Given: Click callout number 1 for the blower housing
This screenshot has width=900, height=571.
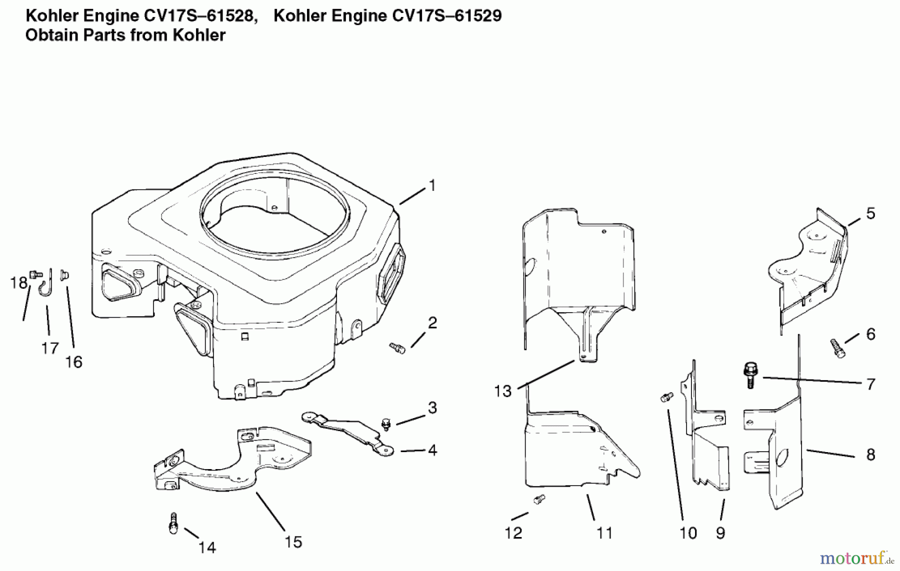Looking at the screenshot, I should click(x=432, y=185).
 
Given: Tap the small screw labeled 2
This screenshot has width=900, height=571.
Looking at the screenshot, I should click(x=397, y=347).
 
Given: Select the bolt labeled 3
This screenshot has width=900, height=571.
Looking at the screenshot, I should click(x=385, y=424).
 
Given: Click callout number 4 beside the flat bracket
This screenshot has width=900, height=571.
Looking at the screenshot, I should click(x=432, y=450).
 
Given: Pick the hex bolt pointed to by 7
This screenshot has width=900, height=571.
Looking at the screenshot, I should click(x=749, y=375).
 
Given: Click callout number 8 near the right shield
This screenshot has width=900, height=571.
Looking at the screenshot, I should click(x=870, y=455).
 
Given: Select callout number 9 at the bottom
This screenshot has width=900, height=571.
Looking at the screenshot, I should click(x=720, y=533).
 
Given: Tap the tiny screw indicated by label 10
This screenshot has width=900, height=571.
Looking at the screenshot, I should click(x=666, y=397).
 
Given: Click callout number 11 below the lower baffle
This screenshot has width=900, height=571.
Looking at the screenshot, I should click(x=604, y=533).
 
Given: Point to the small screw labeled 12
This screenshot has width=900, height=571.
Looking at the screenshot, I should click(x=538, y=499).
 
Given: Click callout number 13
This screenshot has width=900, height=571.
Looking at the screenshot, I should click(x=502, y=391).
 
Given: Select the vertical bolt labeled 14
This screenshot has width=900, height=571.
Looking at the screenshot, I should click(x=173, y=523).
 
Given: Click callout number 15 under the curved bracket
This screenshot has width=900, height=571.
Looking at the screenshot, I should click(x=293, y=542).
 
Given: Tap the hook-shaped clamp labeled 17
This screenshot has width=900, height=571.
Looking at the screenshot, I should click(x=46, y=285).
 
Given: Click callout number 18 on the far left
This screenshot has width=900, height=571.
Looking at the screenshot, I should click(x=18, y=283).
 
